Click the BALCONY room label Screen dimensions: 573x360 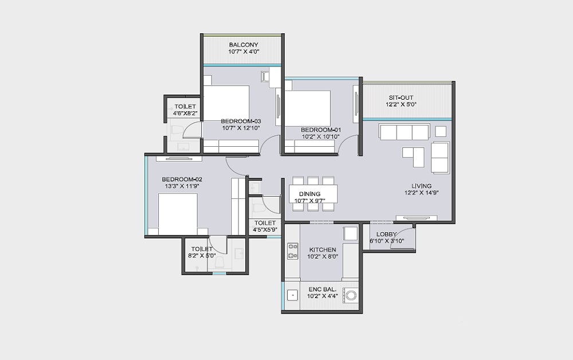pos(244,45)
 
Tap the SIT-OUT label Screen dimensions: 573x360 pos(401,97)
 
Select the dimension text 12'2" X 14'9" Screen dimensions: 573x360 pos(421,193)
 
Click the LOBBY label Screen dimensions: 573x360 pos(386,234)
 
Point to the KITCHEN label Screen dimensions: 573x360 pos(322,249)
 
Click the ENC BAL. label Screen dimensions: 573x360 pos(322,289)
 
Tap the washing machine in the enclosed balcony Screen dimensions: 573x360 pos(351,295)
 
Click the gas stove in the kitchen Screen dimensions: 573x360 pos(293,251)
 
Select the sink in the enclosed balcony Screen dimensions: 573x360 pos(292,295)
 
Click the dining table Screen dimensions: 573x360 pos(313,194)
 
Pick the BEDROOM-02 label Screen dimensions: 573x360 pos(182,179)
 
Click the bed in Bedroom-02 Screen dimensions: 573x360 pos(178,214)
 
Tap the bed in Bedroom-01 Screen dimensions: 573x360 pos(308,109)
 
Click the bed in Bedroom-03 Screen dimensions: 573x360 pos(226,104)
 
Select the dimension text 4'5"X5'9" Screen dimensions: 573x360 pos(265,230)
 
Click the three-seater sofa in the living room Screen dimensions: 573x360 pos(404,132)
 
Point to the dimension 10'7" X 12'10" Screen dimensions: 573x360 pos(241,128)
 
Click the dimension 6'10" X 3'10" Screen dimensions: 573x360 pos(386,241)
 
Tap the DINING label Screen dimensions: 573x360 pos(309,194)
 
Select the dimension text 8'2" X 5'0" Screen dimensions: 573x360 pos(202,256)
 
